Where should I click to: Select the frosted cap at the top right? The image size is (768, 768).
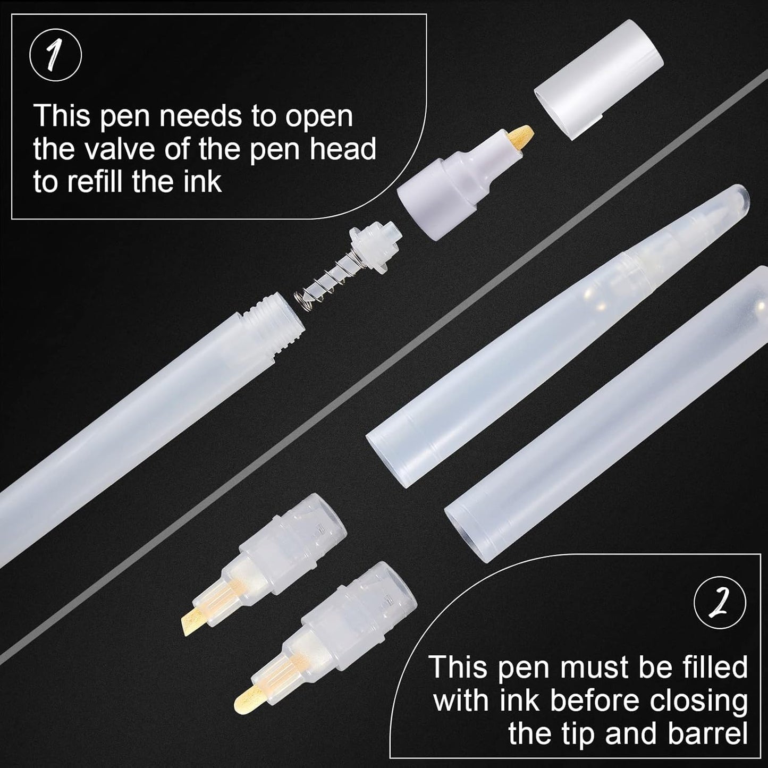599,79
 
